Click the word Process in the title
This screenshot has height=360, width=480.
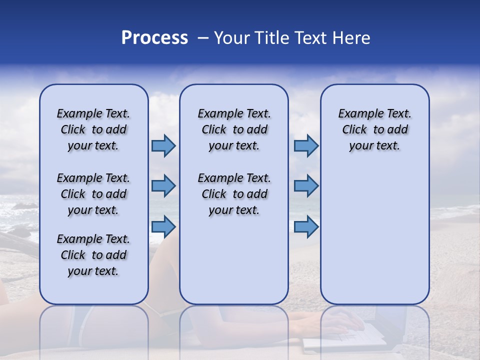pyautogui.click(x=154, y=38)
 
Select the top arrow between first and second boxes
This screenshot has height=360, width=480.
pyautogui.click(x=163, y=145)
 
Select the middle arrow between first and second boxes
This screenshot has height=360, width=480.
pyautogui.click(x=163, y=186)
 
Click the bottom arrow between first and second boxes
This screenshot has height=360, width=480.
pyautogui.click(x=163, y=226)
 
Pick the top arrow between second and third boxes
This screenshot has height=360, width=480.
pyautogui.click(x=306, y=145)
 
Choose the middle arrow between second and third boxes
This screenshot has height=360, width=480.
pyautogui.click(x=306, y=186)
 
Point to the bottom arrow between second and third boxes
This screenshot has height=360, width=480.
pyautogui.click(x=306, y=226)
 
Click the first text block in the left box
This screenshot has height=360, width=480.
pyautogui.click(x=93, y=129)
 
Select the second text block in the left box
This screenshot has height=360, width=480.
pyautogui.click(x=93, y=194)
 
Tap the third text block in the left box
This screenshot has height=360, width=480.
pyautogui.click(x=93, y=255)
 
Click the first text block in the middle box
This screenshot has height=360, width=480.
pyautogui.click(x=234, y=129)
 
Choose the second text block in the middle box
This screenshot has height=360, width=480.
pyautogui.click(x=234, y=194)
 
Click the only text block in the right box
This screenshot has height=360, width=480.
pyautogui.click(x=374, y=129)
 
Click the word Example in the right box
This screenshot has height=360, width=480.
pyautogui.click(x=356, y=113)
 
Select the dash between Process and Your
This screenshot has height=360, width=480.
pyautogui.click(x=202, y=38)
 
